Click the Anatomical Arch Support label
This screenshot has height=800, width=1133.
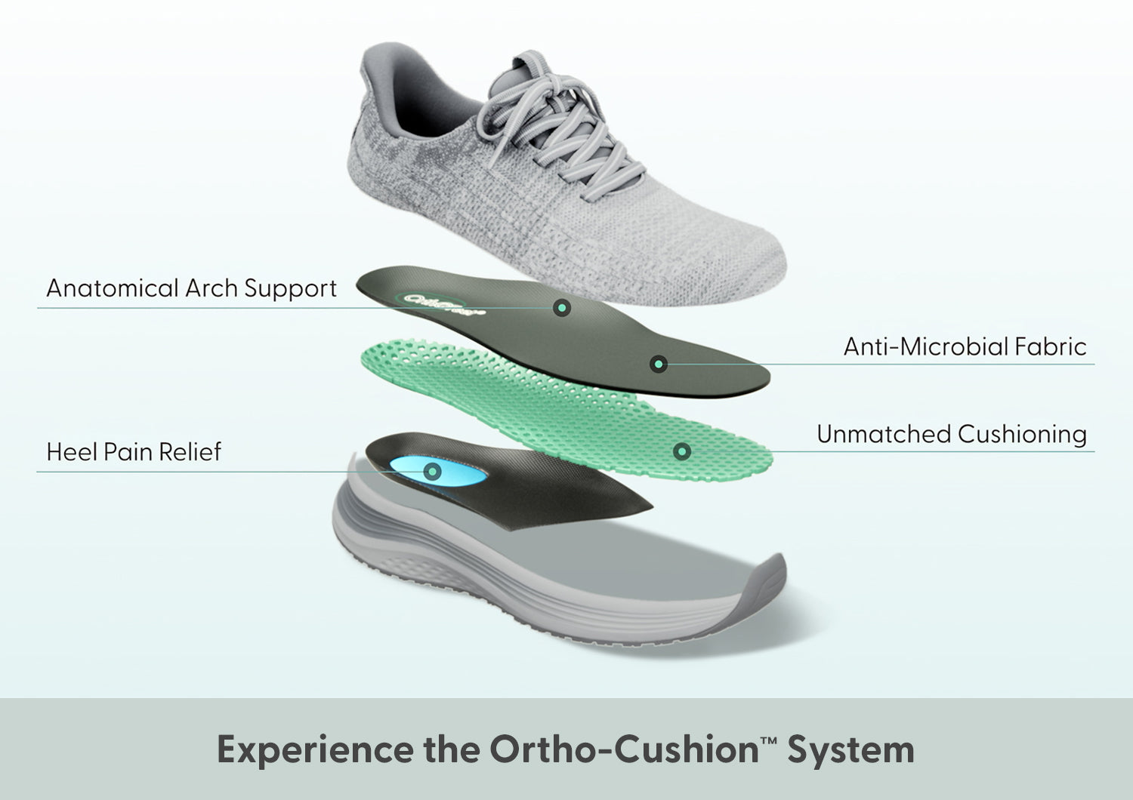[191, 288]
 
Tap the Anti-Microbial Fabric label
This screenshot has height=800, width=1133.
[965, 346]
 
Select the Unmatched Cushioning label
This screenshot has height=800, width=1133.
[951, 434]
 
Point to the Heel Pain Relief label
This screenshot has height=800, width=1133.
[134, 452]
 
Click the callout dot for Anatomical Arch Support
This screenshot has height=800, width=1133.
[561, 307]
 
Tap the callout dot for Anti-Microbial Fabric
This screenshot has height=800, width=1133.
[658, 365]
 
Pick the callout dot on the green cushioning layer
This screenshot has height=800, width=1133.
[682, 451]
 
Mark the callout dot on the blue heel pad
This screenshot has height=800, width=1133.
[432, 472]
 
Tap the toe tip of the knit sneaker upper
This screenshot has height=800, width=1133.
[770, 264]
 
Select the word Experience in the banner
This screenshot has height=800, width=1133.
[315, 749]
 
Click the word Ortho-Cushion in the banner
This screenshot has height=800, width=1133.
[623, 749]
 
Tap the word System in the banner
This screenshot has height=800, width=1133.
[851, 749]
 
